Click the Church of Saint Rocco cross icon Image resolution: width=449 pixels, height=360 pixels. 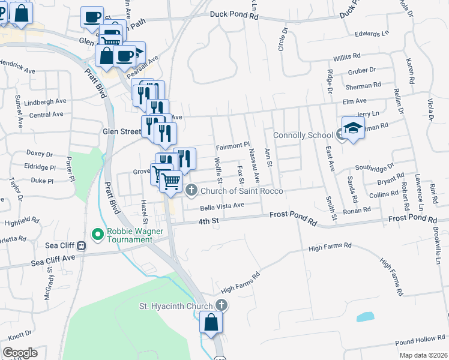191,191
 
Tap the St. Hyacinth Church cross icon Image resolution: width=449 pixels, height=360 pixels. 221,305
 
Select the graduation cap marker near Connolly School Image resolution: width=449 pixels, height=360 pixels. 353,128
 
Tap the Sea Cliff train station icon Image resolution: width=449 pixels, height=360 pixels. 82,245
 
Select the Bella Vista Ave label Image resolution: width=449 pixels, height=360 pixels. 222,206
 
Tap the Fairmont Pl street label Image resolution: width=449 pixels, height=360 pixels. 232,146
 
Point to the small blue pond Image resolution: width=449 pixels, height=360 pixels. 365,316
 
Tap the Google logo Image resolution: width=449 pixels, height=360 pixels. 20,353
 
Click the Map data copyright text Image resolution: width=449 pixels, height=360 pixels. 424,355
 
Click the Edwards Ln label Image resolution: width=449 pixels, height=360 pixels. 372,34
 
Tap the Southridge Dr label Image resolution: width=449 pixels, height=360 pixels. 374,167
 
